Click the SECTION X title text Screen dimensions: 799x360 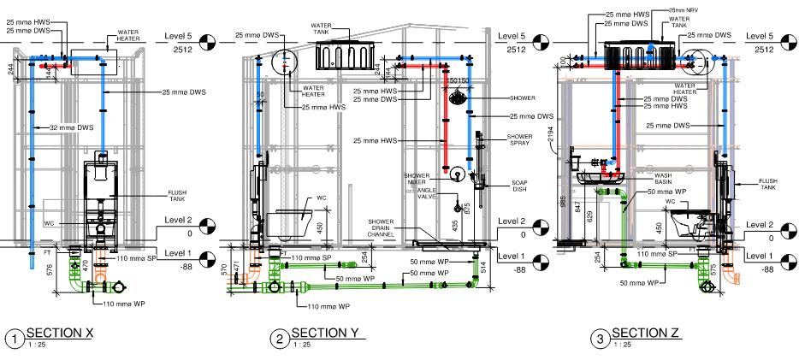tap(60, 333)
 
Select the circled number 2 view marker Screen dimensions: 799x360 tap(280, 339)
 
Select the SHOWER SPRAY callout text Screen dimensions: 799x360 tap(520, 140)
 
